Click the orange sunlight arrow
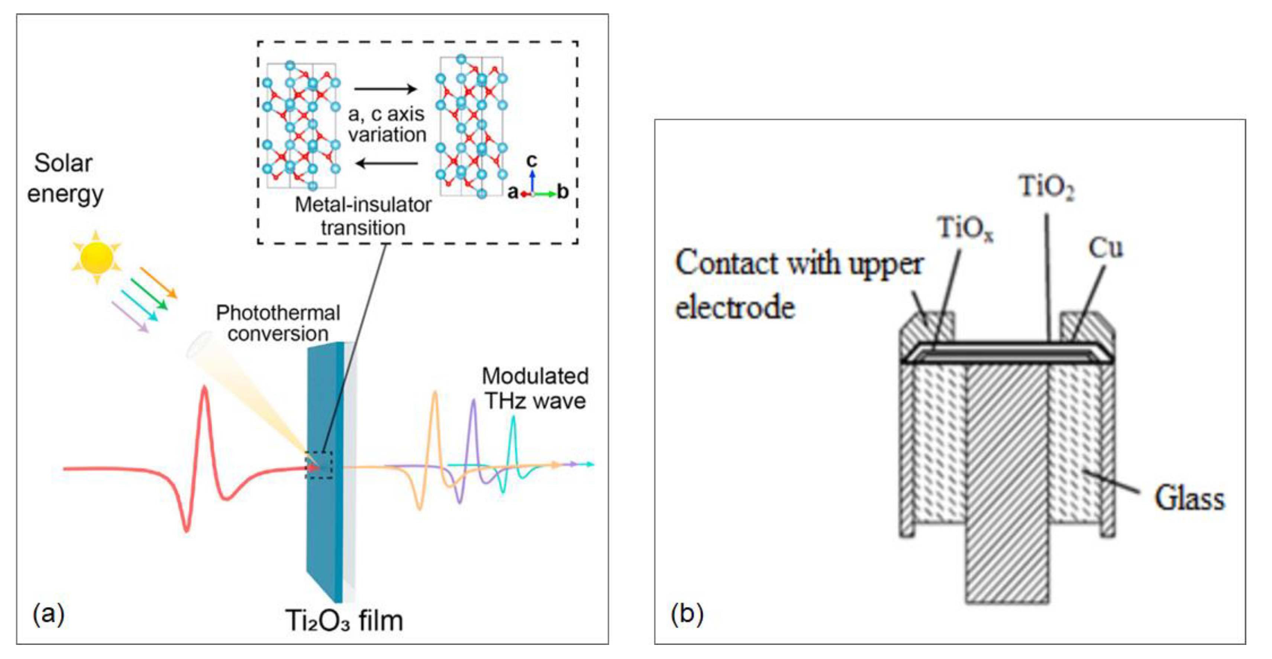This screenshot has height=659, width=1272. tap(158, 282)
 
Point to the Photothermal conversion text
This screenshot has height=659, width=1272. tap(278, 323)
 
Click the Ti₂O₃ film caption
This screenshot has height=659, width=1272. tap(344, 620)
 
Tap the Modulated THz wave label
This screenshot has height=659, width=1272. tap(535, 389)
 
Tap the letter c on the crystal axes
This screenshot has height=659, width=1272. tap(531, 160)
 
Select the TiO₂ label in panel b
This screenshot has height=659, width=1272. tap(1046, 187)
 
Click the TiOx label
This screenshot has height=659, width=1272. tap(965, 228)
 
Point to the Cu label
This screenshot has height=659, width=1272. tap(1105, 247)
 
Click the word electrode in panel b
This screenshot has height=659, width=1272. tap(735, 308)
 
